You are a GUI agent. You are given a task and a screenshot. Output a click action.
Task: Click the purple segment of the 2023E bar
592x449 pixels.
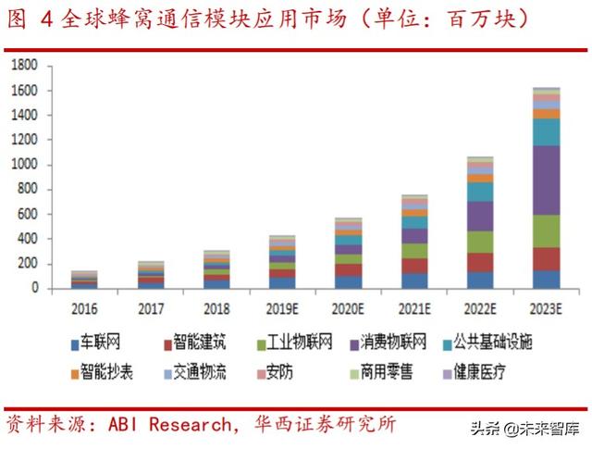[x=546, y=180]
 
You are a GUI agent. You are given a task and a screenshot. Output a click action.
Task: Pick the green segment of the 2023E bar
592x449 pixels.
[x=546, y=231]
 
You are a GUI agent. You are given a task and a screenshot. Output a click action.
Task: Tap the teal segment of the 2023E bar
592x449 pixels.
[x=546, y=131]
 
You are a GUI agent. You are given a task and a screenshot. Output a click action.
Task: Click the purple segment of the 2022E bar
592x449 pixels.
[x=480, y=216]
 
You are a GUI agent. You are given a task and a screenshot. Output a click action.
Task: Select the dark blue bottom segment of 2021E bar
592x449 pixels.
[x=414, y=280]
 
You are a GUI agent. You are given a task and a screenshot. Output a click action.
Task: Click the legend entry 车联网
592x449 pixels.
[x=118, y=344]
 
